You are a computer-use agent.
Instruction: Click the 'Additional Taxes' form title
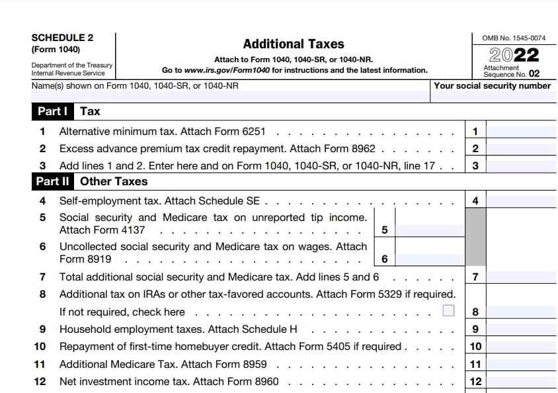pyautogui.click(x=294, y=44)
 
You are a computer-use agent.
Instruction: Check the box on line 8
pyautogui.click(x=448, y=310)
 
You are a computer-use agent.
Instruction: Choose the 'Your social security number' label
pyautogui.click(x=492, y=86)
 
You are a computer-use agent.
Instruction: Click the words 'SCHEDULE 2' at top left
pyautogui.click(x=62, y=38)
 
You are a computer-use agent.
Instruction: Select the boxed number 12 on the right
pyautogui.click(x=475, y=381)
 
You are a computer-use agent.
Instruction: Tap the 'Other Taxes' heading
pyautogui.click(x=114, y=181)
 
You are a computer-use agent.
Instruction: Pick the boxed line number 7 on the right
pyautogui.click(x=475, y=277)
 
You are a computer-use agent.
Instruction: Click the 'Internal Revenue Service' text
pyautogui.click(x=68, y=73)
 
